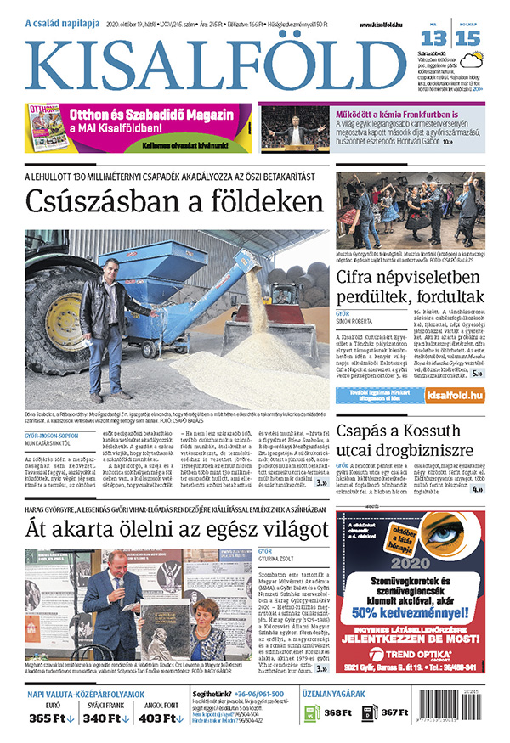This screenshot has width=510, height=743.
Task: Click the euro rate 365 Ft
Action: (x=51, y=718)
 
